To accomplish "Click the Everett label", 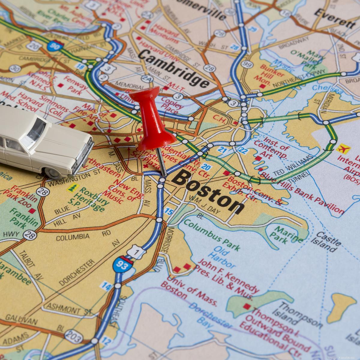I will coord(334,18).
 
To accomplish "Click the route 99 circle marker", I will coord(247,64).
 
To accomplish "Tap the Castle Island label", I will coord(328,241).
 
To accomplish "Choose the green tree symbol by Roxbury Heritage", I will coord(72,188).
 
